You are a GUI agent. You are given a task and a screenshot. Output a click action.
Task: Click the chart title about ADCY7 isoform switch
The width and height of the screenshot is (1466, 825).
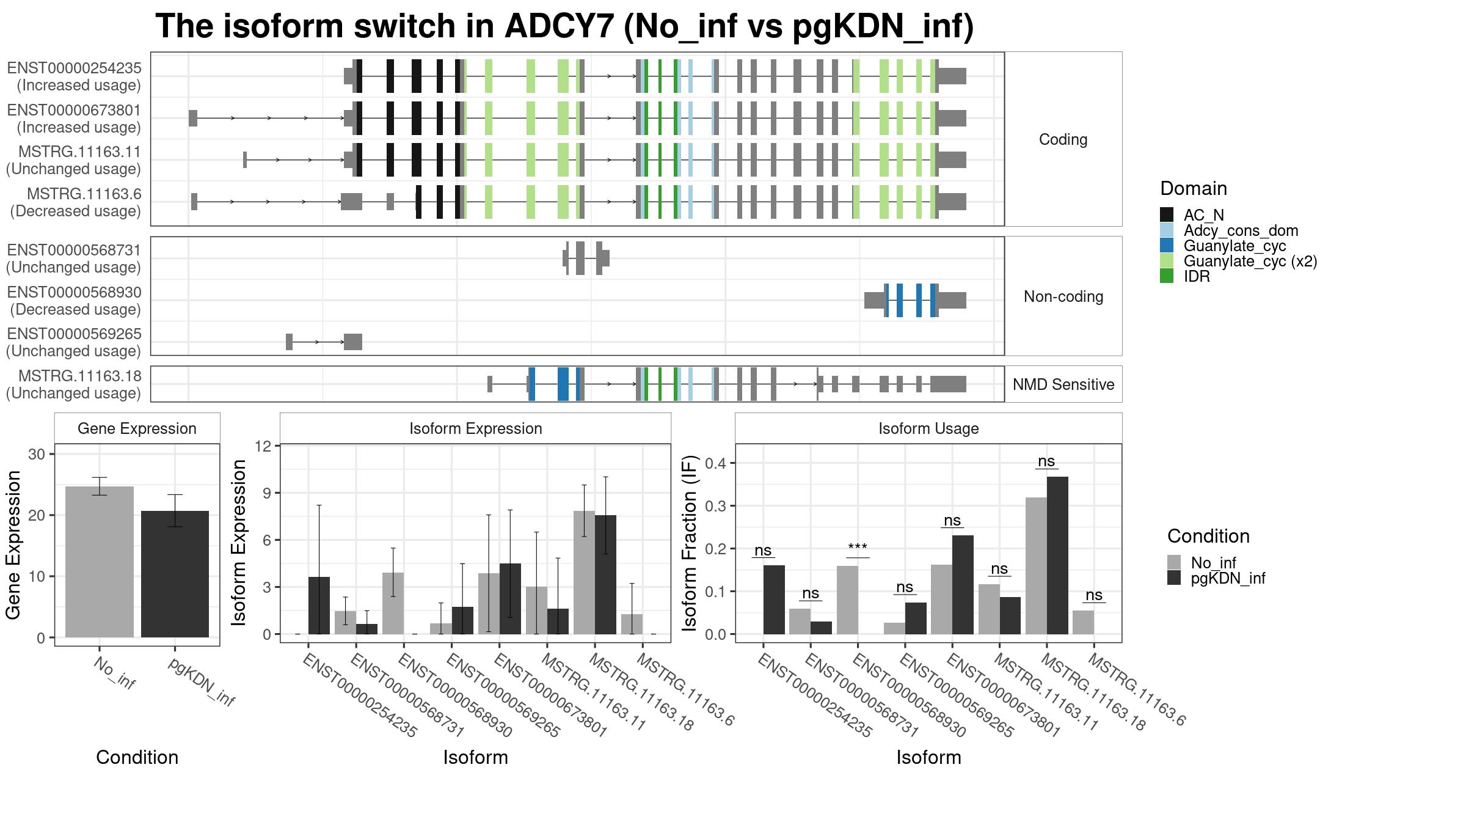coord(564,26)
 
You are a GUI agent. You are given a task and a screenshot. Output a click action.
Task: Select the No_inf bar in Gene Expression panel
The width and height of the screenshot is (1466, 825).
coord(100,562)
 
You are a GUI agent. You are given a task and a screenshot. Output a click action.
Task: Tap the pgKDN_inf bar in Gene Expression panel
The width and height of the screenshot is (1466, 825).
coord(175,574)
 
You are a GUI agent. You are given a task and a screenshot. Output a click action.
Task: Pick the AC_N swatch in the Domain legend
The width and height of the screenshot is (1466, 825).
coord(1167,215)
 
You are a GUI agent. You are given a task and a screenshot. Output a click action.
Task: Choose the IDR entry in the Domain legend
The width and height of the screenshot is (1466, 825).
coord(1197,276)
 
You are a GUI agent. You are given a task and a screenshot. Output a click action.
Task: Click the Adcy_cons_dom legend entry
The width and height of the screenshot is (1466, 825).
coord(1241,230)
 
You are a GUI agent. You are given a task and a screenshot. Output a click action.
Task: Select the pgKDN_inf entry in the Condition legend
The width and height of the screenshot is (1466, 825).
coord(1228,578)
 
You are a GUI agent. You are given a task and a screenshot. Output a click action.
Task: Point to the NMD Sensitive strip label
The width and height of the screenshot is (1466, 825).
coord(1063,384)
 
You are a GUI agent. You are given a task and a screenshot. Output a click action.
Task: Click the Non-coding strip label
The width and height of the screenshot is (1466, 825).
coord(1063,296)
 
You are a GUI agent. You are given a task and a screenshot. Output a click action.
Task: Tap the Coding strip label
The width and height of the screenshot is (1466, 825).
coord(1063,139)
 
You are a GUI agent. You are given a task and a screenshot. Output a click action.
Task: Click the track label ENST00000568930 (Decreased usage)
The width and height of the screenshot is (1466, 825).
coord(75,301)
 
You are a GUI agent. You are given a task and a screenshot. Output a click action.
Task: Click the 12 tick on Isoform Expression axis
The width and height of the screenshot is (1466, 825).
coord(263,446)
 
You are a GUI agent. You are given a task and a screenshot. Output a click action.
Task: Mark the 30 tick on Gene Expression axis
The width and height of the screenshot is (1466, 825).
coord(37,454)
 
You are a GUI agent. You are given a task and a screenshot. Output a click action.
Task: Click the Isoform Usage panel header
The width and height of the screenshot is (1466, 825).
coord(928,428)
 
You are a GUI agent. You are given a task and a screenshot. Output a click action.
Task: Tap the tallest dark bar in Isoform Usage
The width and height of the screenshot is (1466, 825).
coord(1057,555)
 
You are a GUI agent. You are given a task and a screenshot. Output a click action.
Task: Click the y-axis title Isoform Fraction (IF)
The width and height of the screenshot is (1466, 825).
coord(690,543)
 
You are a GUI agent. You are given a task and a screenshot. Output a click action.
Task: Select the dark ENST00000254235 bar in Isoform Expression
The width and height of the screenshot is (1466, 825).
coord(319,606)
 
